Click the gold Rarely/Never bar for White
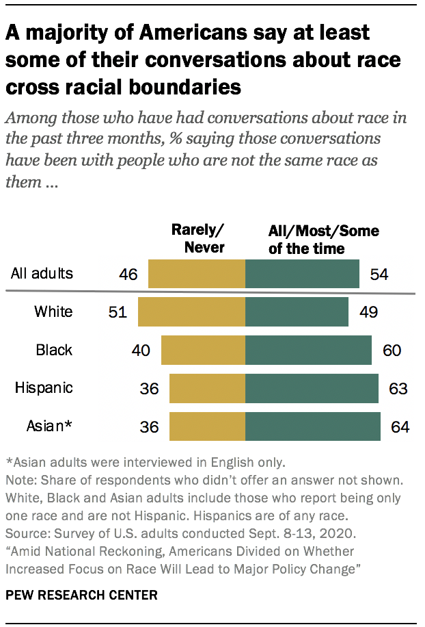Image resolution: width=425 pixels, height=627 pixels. click(x=191, y=311)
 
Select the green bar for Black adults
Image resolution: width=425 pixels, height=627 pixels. click(x=308, y=350)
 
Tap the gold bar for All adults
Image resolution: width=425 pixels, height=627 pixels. click(x=197, y=274)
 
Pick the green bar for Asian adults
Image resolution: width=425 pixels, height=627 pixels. click(x=312, y=426)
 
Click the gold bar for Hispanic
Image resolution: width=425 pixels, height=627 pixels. click(x=207, y=388)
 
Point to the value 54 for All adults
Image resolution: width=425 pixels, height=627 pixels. click(x=379, y=274)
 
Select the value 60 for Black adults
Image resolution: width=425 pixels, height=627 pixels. click(x=392, y=350)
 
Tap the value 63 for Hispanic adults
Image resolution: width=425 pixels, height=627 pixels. click(x=398, y=389)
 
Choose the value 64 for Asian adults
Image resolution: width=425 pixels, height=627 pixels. click(x=400, y=427)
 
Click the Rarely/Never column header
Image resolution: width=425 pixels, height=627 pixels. click(x=197, y=238)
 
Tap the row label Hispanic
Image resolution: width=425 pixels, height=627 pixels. click(x=44, y=388)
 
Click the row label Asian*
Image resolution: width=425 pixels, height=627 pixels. click(x=49, y=426)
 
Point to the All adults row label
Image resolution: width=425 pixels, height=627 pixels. click(x=42, y=274)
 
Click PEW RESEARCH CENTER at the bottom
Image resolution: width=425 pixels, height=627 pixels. click(x=81, y=596)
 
